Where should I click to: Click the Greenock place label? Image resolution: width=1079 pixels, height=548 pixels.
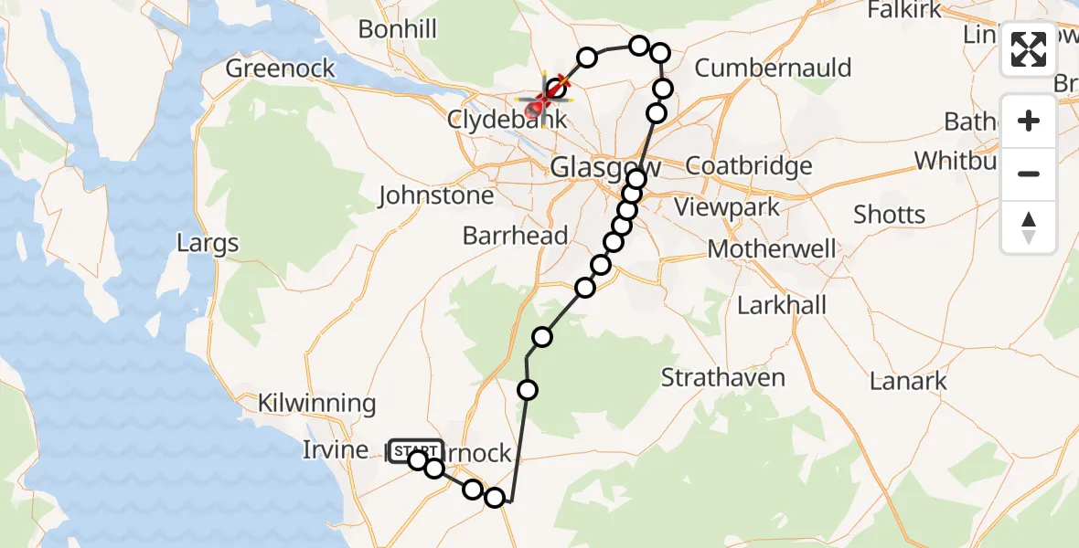point(281,68)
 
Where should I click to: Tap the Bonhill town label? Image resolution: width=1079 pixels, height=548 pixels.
point(398,29)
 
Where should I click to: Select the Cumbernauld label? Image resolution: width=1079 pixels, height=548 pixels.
point(773,68)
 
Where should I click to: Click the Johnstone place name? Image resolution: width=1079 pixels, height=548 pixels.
point(436,195)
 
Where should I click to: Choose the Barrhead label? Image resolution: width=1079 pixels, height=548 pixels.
point(515,236)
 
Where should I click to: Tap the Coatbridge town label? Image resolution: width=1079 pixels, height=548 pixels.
point(748,166)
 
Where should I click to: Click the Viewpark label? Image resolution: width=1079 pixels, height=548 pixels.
point(727,206)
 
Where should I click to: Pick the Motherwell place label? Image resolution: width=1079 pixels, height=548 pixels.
point(772,248)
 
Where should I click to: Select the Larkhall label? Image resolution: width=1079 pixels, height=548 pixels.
point(782,305)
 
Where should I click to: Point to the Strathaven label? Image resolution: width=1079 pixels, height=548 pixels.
point(722,377)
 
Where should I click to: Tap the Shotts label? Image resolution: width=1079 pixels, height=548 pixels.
point(889,216)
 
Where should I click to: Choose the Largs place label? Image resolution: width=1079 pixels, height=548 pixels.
point(209,244)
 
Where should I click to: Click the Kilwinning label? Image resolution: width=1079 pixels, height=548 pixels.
point(316,403)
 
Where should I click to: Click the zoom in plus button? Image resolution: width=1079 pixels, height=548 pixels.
point(1029,121)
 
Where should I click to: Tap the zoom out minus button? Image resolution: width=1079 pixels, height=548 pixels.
point(1029,174)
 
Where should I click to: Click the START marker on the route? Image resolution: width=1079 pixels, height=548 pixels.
point(416,451)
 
